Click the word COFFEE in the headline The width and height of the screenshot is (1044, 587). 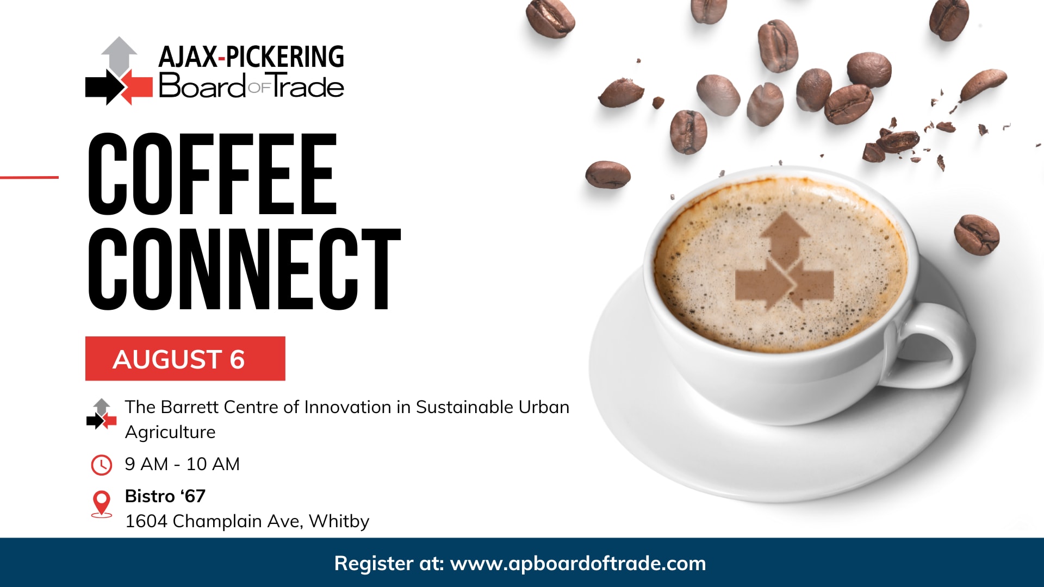tap(213, 174)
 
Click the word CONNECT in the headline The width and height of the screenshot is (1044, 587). tap(244, 269)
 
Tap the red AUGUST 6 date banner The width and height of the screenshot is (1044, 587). tap(185, 359)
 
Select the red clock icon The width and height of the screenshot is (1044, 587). tap(101, 465)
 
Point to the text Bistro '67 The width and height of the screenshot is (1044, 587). tap(165, 496)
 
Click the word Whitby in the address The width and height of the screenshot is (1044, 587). tap(339, 521)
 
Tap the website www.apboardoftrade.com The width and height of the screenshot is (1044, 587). tap(578, 564)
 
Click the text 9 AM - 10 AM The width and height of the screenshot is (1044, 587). tap(182, 464)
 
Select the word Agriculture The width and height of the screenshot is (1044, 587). tap(170, 433)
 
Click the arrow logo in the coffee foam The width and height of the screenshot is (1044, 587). tap(784, 261)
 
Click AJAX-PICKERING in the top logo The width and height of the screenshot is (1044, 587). tap(251, 57)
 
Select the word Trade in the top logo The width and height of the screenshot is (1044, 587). tap(308, 86)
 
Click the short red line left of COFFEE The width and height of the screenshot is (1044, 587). tap(29, 177)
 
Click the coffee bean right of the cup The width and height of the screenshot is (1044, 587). tap(977, 235)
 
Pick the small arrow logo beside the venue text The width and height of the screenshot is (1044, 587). tap(102, 414)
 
